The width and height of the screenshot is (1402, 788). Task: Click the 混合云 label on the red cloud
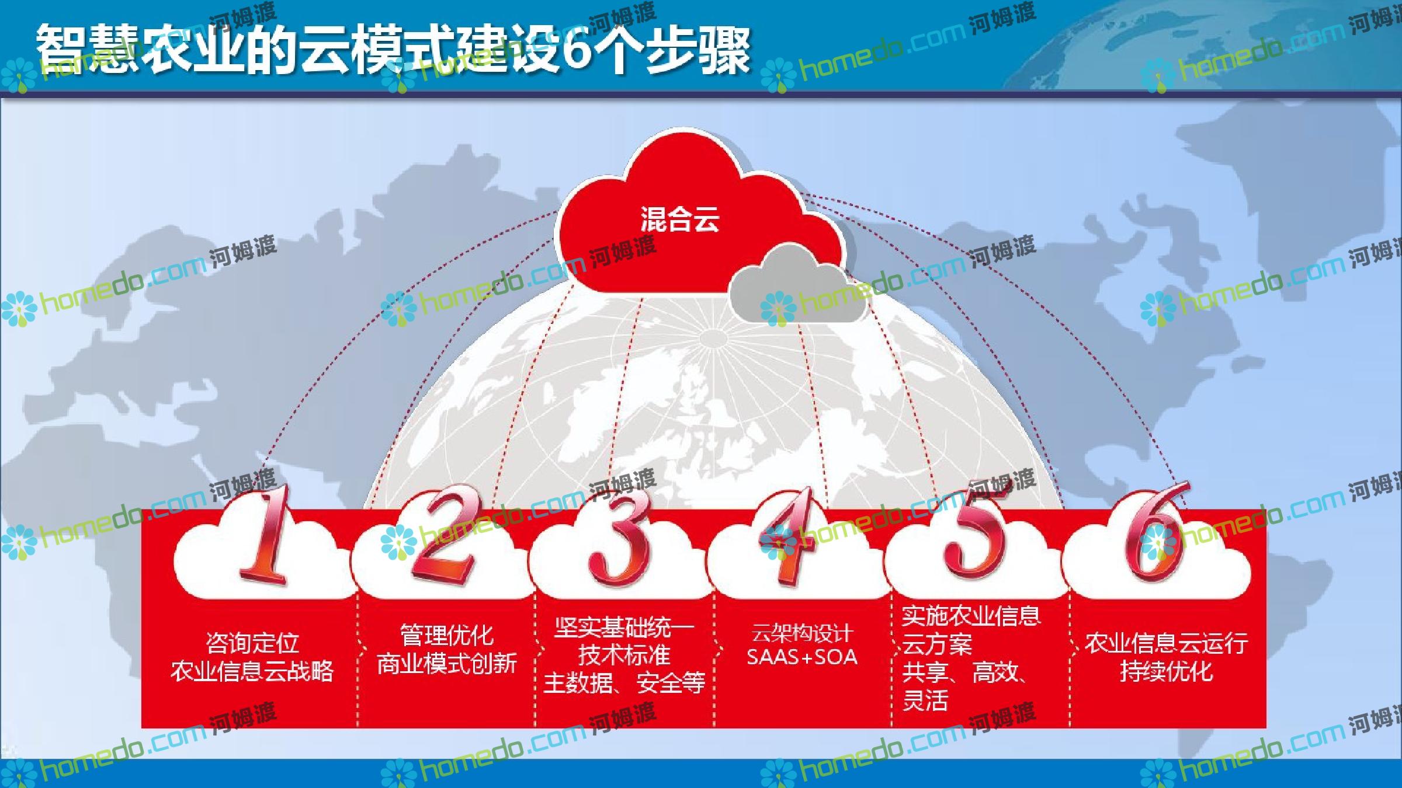tap(679, 220)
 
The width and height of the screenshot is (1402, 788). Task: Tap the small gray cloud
tap(798, 284)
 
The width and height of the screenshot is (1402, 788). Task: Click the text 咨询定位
tap(252, 643)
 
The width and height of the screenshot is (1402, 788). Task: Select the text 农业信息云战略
tap(252, 671)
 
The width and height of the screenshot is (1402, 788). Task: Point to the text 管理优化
tap(447, 635)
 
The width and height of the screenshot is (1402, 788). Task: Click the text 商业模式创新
tap(447, 664)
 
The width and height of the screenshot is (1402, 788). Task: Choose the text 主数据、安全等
tap(624, 682)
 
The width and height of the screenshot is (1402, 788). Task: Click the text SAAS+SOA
tap(802, 657)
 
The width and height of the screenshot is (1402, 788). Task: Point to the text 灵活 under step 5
tap(925, 700)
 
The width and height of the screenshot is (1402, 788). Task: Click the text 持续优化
tap(1167, 671)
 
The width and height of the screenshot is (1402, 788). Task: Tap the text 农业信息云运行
tap(1167, 643)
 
